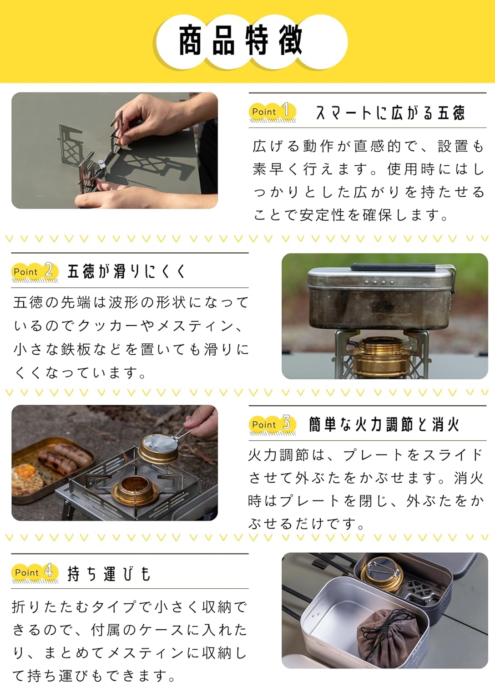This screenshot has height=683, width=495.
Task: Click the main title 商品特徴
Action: pos(241,40)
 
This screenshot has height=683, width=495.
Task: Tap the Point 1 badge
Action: pos(273,112)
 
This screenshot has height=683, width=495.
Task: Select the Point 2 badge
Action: pos(35,272)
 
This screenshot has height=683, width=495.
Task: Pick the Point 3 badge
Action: pos(273,425)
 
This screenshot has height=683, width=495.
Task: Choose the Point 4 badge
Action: pos(35,572)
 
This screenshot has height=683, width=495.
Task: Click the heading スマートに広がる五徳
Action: pos(390,113)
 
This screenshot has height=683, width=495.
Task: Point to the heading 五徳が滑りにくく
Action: pos(126,271)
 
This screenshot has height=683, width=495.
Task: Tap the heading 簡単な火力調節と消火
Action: pos(384,424)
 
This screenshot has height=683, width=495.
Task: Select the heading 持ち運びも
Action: pos(109,574)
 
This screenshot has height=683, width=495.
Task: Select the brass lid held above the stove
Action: pos(158,449)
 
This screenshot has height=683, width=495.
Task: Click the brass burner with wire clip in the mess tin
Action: pos(381,574)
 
